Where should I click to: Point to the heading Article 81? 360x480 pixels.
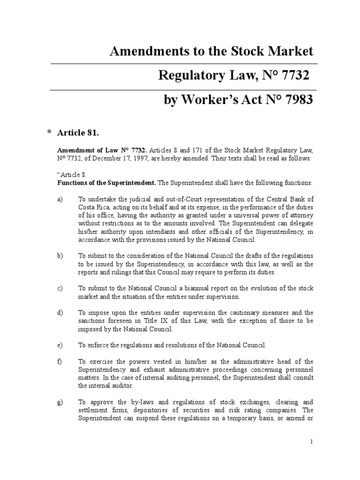coord(78,133)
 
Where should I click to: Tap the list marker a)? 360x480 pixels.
coord(60,200)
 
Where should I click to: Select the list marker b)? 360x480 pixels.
coord(60,256)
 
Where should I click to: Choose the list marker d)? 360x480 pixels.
coord(60,313)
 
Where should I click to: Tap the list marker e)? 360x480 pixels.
coord(60,345)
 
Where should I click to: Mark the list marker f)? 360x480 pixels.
coord(60,361)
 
